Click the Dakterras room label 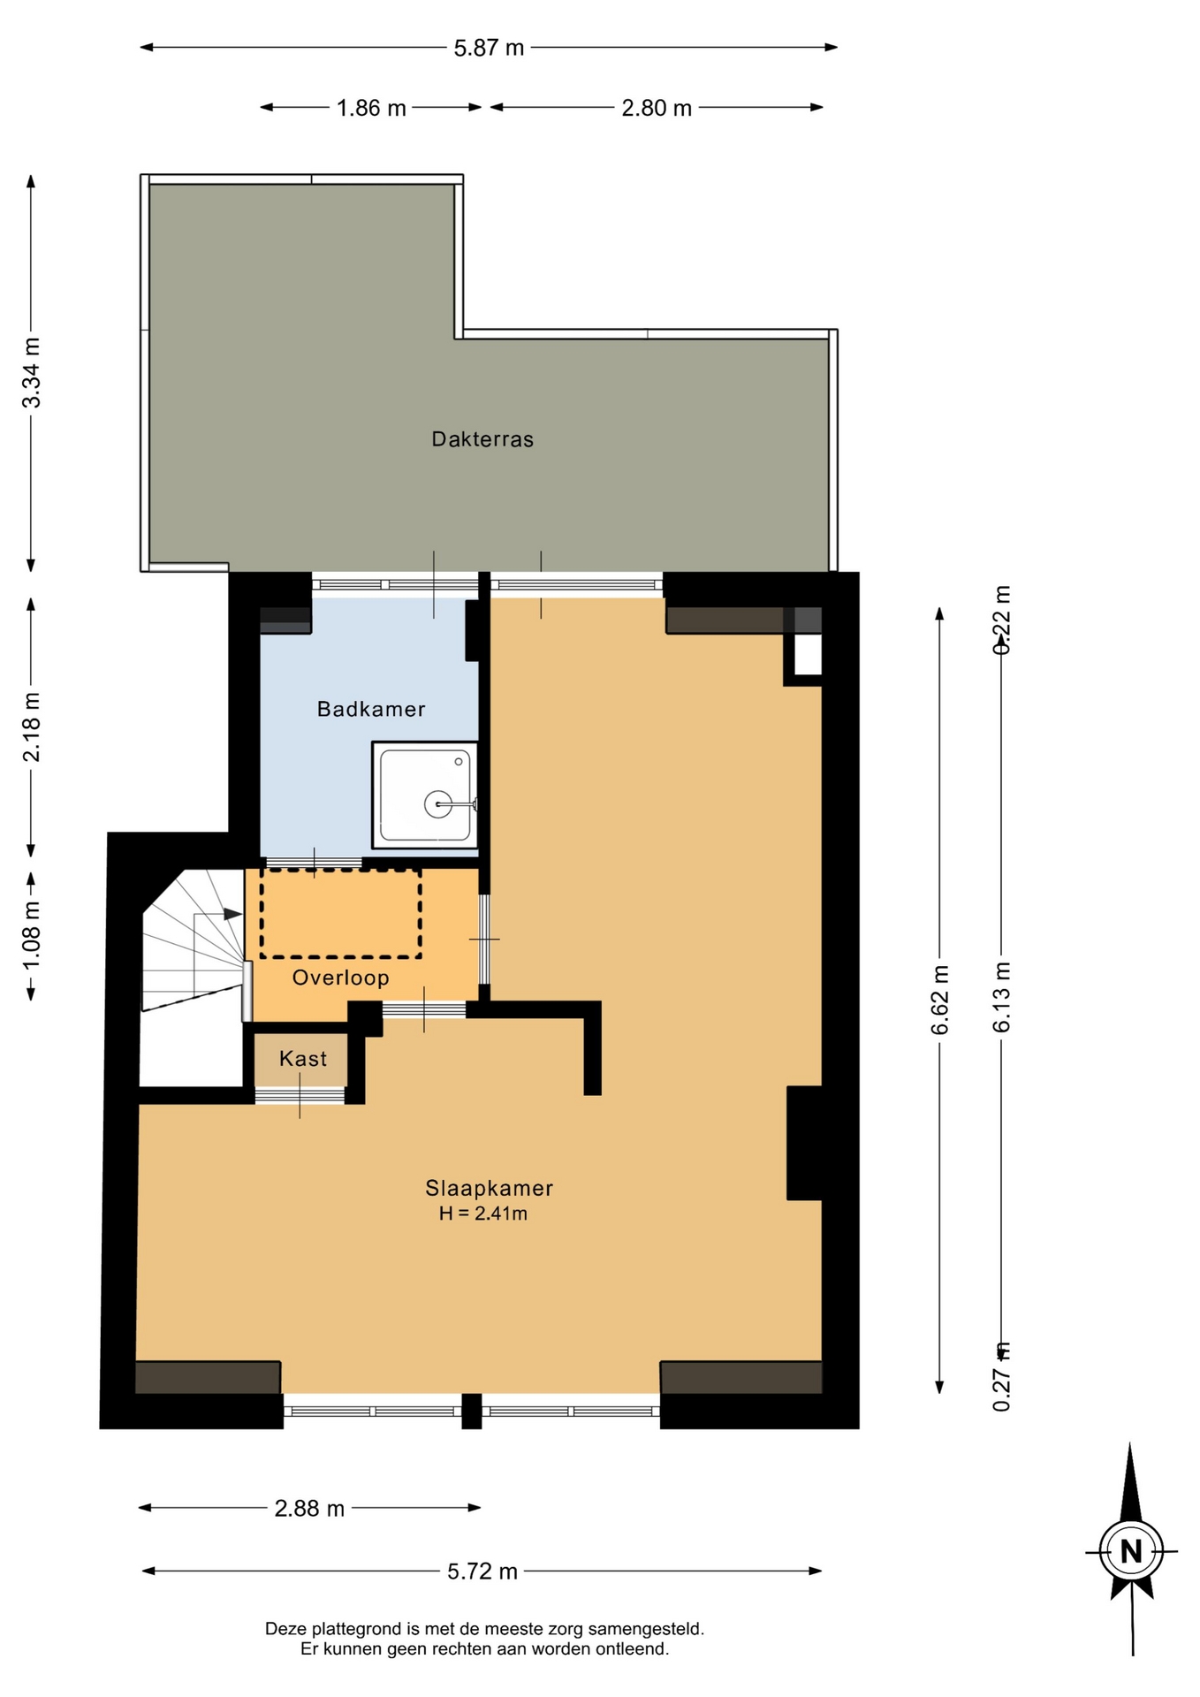[x=482, y=439]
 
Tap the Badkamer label [x=371, y=709]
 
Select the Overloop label [x=341, y=978]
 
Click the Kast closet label [x=303, y=1059]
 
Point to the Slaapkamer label [x=490, y=1189]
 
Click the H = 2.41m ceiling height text [x=483, y=1214]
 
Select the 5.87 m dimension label [x=489, y=48]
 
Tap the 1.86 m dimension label [x=371, y=108]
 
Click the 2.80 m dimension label [x=657, y=108]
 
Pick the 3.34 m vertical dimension [x=31, y=373]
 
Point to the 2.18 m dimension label [x=31, y=727]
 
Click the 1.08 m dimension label [x=31, y=935]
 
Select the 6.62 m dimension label [x=939, y=1000]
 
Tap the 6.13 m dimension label [x=1001, y=997]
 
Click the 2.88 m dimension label [x=309, y=1509]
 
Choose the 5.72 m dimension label [x=482, y=1571]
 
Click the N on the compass [x=1131, y=1551]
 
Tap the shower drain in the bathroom [x=438, y=804]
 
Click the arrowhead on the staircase [x=232, y=914]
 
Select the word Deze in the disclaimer [x=285, y=1629]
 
